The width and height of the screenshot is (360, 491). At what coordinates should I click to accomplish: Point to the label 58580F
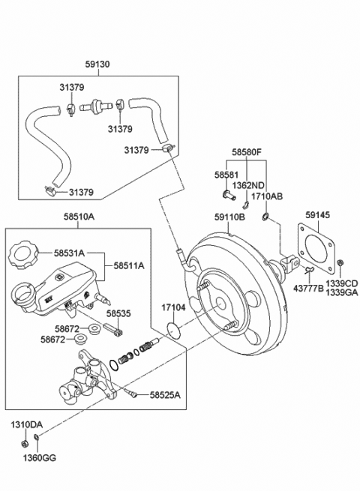click(x=246, y=152)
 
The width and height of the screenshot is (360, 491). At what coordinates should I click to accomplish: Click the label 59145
click(x=318, y=216)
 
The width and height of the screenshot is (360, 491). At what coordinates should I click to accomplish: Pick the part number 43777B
click(x=307, y=288)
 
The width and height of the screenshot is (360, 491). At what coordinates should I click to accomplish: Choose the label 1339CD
click(x=342, y=283)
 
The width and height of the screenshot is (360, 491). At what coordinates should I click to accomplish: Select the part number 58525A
click(x=165, y=394)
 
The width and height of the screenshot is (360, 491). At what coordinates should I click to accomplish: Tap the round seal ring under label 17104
click(x=175, y=328)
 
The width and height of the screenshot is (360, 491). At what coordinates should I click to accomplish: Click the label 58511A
click(x=129, y=265)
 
